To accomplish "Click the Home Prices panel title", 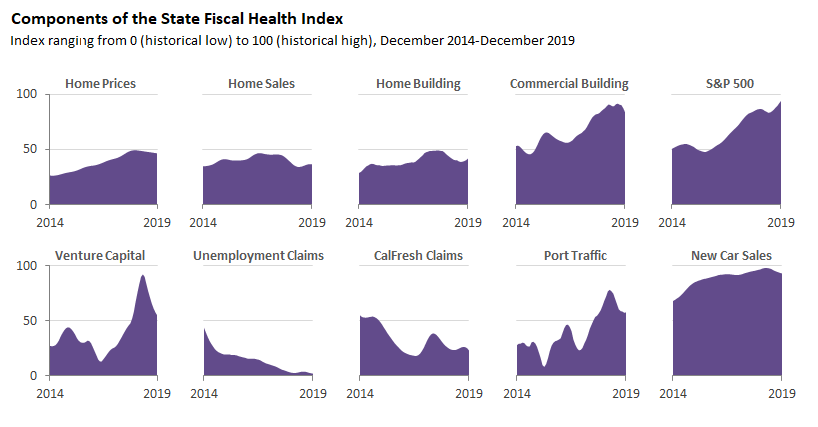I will point(100,84).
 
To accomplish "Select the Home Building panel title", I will point(418,84).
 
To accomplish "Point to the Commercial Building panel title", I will point(569,84).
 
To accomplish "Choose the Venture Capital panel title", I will point(101,256).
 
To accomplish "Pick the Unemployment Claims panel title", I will point(259,256).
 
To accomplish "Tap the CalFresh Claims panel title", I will point(418,256).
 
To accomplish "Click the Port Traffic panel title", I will point(570,256).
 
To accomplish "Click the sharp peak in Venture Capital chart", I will point(143,276).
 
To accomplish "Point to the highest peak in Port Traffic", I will point(609,291).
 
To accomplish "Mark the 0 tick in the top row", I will point(33,205).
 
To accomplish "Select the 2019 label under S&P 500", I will point(781,223).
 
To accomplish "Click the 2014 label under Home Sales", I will point(204,223).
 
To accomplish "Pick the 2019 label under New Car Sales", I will point(781,394).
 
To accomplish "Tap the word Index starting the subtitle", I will point(27,40).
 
